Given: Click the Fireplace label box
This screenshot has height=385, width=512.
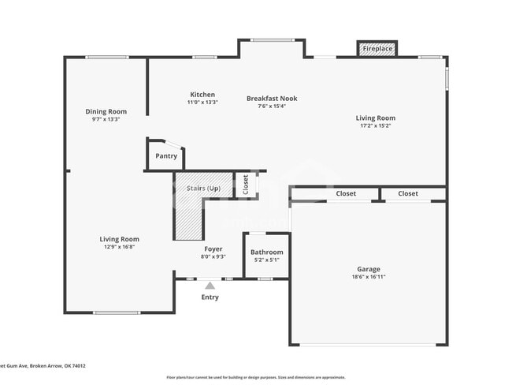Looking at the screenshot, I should pyautogui.click(x=377, y=49).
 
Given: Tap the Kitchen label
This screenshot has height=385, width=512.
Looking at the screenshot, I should pyautogui.click(x=202, y=95).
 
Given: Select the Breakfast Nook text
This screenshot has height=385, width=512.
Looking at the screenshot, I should pyautogui.click(x=272, y=99).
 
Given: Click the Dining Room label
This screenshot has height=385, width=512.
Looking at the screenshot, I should pyautogui.click(x=106, y=112).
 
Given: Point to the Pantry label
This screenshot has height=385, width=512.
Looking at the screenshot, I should pyautogui.click(x=166, y=156).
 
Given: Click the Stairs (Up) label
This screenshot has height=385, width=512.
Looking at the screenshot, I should pyautogui.click(x=202, y=189).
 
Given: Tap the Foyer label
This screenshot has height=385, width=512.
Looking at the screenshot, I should pyautogui.click(x=213, y=249).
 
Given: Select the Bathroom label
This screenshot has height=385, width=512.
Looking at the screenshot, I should pyautogui.click(x=266, y=253).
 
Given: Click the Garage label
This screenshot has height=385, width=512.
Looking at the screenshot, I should pyautogui.click(x=368, y=269).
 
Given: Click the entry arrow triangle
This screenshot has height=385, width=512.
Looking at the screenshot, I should pyautogui.click(x=210, y=286).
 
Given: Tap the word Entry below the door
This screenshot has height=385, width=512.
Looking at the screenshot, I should pyautogui.click(x=210, y=297).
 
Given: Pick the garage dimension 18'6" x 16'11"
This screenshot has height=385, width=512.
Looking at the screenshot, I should pyautogui.click(x=368, y=277).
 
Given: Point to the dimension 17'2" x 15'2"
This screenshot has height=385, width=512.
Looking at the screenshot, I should pyautogui.click(x=375, y=125).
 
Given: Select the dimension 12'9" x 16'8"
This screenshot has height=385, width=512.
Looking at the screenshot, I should pyautogui.click(x=119, y=247).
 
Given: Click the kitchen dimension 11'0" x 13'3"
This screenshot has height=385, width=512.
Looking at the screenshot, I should pyautogui.click(x=202, y=103).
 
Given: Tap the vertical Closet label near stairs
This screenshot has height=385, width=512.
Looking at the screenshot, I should pyautogui.click(x=246, y=185).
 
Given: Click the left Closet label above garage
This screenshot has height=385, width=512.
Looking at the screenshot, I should pyautogui.click(x=346, y=193).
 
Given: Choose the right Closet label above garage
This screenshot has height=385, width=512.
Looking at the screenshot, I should pyautogui.click(x=408, y=193).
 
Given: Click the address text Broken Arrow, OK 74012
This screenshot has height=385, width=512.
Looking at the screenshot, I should pyautogui.click(x=55, y=366).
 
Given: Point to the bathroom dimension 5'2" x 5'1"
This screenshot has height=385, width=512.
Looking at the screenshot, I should pyautogui.click(x=266, y=260).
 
